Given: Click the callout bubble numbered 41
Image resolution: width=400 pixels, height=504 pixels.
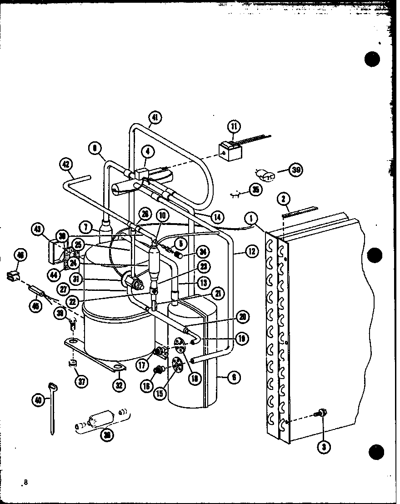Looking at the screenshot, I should (155, 119).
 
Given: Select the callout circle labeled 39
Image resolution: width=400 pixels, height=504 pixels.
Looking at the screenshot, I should (296, 170).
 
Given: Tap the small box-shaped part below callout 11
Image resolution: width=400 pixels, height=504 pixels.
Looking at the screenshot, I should (227, 150).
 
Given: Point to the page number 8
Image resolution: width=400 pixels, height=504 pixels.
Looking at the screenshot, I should (26, 482).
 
